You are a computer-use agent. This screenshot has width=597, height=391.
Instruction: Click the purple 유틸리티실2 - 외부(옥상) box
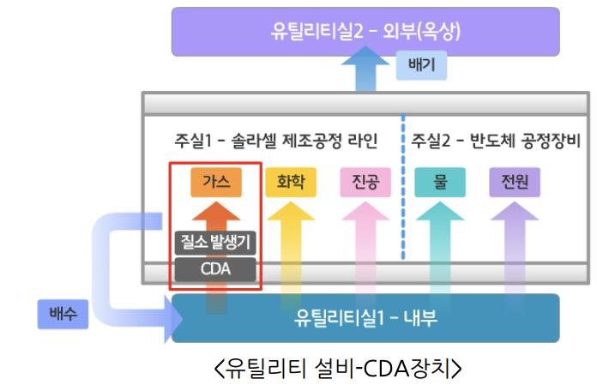pyautogui.click(x=365, y=33)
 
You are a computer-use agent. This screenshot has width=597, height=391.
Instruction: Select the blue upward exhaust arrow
pyautogui.click(x=365, y=70)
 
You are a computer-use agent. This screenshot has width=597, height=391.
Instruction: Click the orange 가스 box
pyautogui.click(x=216, y=182)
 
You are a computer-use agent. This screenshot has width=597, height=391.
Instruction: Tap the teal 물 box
pyautogui.click(x=440, y=182)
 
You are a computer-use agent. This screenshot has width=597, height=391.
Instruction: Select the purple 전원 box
pyautogui.click(x=515, y=182)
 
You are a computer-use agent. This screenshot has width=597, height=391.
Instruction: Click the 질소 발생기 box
pyautogui.click(x=216, y=243)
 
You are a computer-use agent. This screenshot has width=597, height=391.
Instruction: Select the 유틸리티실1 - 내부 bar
pyautogui.click(x=365, y=318)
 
